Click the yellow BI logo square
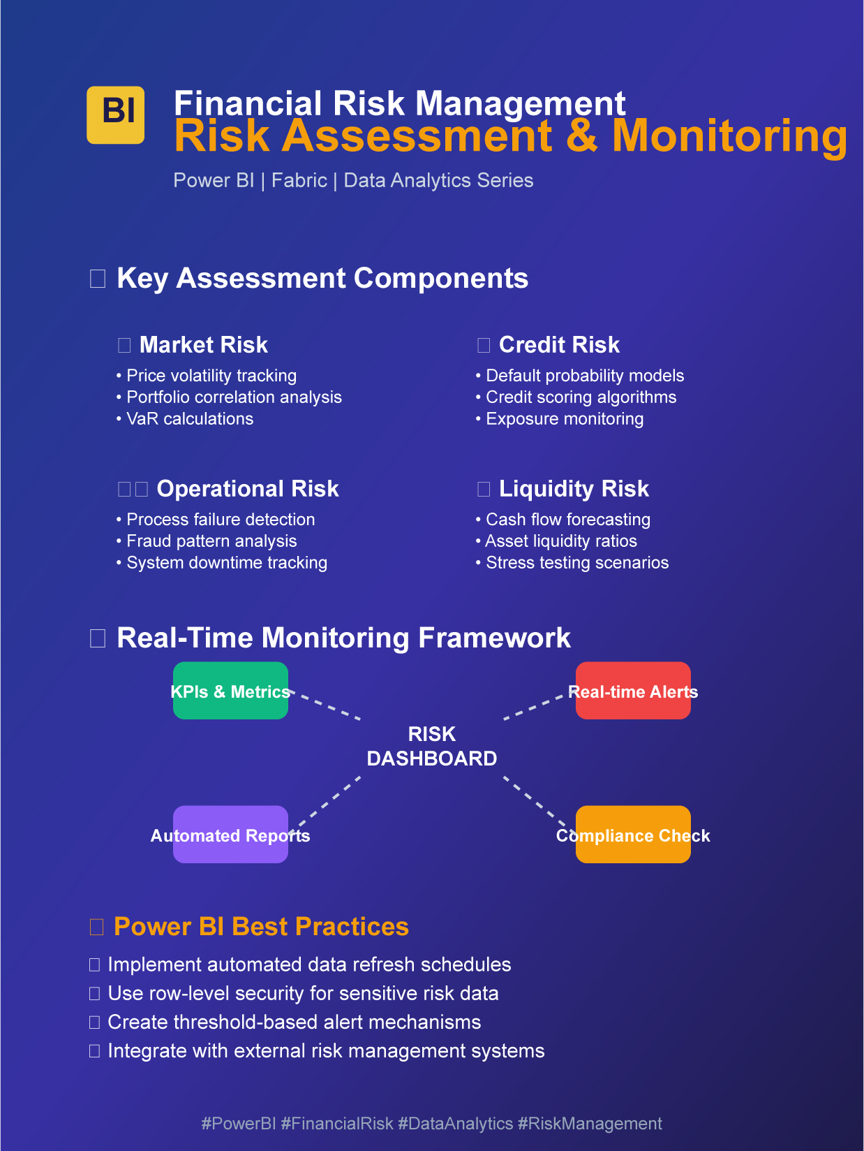115,115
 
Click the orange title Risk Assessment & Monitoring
510,135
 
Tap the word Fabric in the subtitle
299,180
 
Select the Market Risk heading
203,345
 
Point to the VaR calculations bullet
189,419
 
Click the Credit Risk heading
558,345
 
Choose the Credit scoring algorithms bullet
581,397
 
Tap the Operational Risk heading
247,489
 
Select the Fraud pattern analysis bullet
211,541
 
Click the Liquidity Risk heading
573,489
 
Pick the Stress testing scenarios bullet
576,563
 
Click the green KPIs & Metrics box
230,691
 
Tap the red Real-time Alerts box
633,691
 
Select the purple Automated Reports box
230,835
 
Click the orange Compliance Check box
633,835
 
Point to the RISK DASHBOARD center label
432,746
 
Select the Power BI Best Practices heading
260,927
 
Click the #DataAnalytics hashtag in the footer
455,1123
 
